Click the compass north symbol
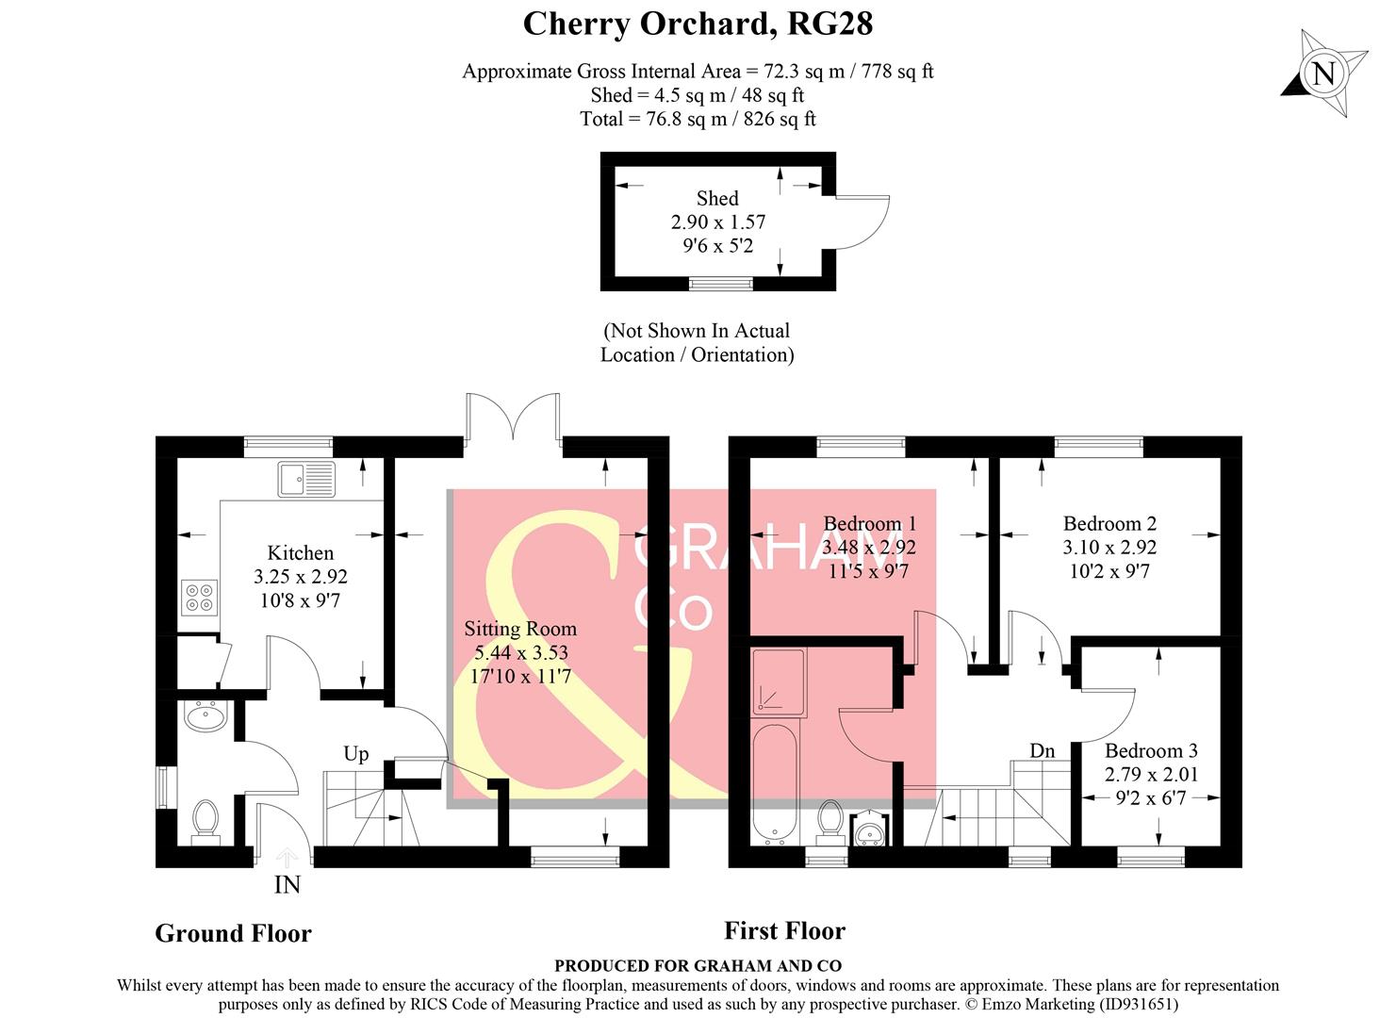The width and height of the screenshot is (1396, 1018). [1323, 73]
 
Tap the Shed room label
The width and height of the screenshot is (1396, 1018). [716, 198]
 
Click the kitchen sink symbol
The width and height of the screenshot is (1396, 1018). [305, 479]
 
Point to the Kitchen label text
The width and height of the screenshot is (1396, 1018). [300, 553]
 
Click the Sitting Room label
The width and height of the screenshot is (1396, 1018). [519, 629]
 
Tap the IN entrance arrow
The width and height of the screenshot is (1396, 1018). [287, 858]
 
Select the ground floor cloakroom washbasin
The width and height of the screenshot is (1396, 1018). [205, 718]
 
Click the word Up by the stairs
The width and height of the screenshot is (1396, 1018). [355, 753]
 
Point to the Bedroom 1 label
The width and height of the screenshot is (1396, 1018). [869, 523]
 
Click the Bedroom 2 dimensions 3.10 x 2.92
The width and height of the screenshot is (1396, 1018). [1109, 547]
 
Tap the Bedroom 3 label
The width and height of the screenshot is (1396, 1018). [1150, 750]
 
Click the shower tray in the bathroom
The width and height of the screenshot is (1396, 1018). [779, 680]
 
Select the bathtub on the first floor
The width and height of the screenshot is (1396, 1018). [775, 782]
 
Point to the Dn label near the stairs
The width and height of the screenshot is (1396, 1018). [1042, 750]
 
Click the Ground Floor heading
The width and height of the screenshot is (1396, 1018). [233, 933]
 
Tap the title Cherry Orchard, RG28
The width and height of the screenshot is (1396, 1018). [698, 24]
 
